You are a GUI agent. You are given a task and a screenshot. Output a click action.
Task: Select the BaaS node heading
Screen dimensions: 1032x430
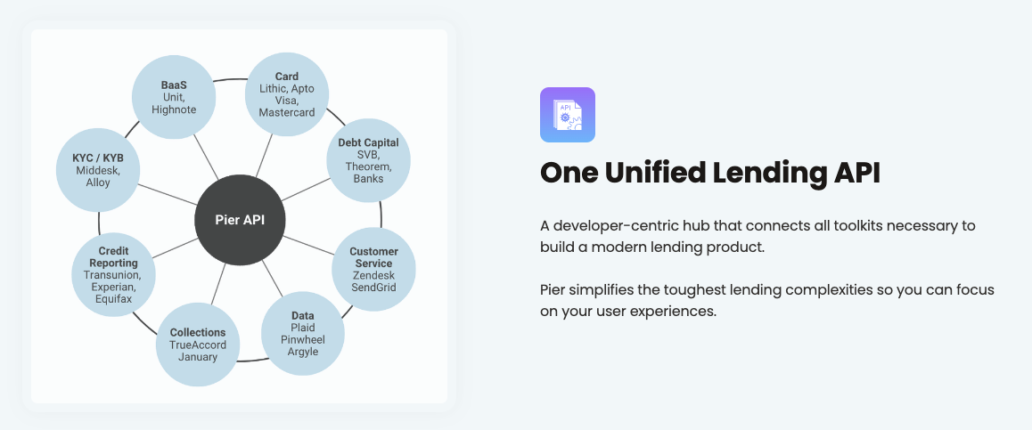click(174, 85)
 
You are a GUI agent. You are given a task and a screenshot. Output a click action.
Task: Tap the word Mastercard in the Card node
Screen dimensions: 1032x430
click(287, 113)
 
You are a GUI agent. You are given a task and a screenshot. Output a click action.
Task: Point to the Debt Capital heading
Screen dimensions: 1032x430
click(368, 142)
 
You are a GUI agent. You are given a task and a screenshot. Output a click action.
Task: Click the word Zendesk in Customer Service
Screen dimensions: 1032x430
click(373, 276)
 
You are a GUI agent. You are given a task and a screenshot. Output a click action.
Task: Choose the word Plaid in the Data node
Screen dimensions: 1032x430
click(302, 328)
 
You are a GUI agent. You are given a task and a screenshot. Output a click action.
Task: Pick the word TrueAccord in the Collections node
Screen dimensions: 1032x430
click(198, 345)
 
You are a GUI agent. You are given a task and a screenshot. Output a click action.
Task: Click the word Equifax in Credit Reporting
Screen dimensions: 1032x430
click(113, 299)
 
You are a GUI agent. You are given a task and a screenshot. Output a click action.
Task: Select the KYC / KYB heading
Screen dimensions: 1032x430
click(98, 158)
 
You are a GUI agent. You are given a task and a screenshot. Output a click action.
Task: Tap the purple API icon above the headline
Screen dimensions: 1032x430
click(567, 115)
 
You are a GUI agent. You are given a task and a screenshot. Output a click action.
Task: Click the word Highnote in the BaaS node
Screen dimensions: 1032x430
click(174, 110)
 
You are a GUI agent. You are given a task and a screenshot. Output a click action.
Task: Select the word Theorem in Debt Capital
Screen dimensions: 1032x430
click(368, 166)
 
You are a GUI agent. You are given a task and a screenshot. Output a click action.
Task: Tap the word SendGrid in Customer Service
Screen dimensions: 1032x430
click(373, 288)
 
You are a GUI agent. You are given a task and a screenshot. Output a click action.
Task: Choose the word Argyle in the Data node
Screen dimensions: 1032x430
click(302, 353)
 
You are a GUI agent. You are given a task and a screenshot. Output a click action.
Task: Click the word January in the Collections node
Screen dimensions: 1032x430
click(198, 357)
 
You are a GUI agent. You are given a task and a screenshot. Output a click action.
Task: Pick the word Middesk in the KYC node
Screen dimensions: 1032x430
click(98, 170)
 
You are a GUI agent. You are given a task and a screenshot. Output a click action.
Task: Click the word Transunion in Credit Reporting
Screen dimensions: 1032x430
click(113, 275)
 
